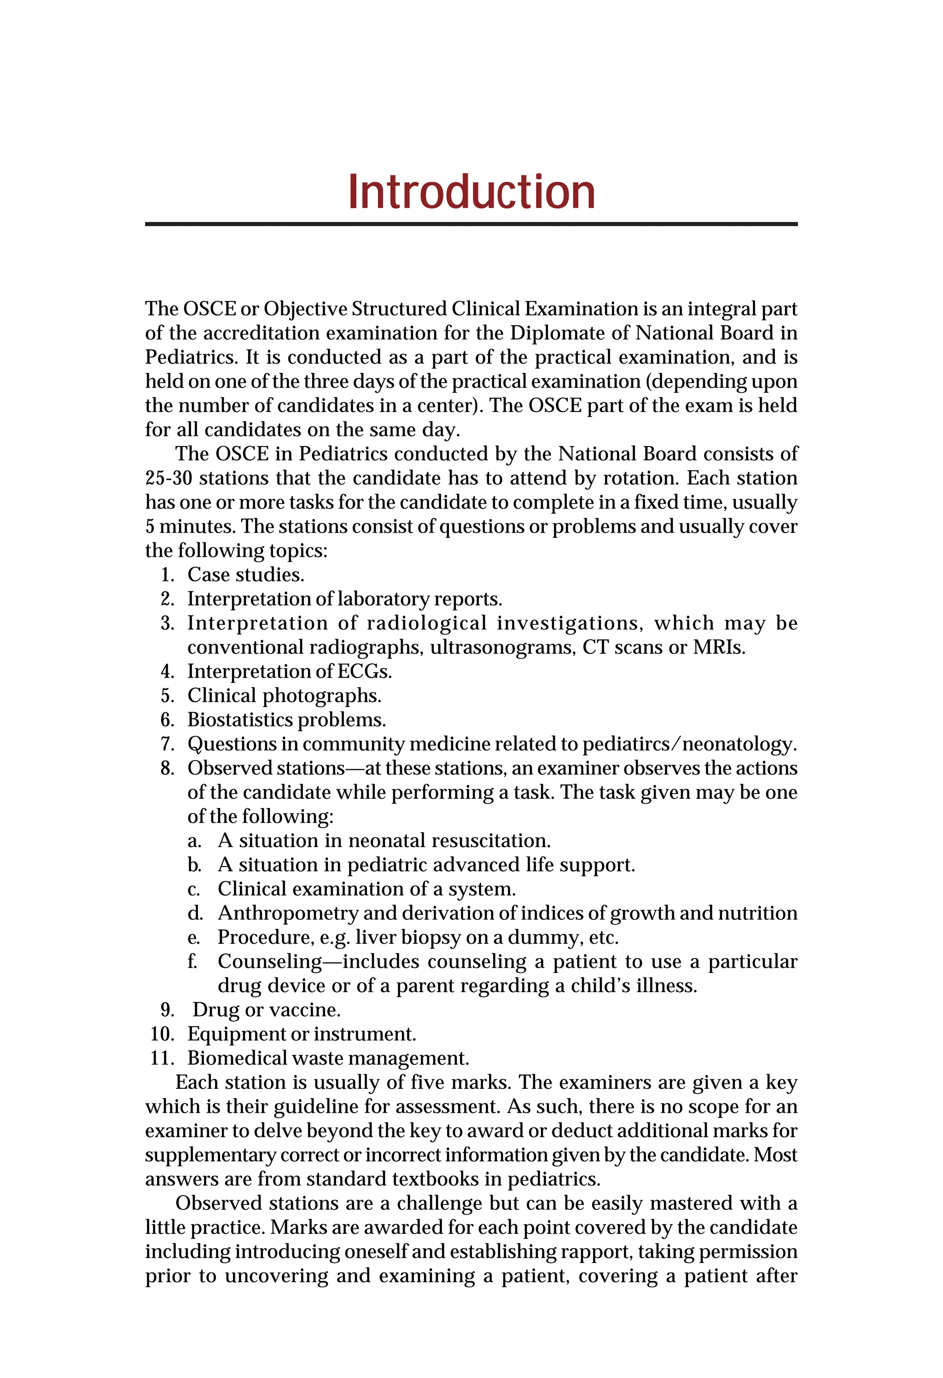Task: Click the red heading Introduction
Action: (471, 192)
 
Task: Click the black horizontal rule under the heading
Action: (471, 224)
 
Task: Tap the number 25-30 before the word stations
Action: (169, 478)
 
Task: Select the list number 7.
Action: (167, 744)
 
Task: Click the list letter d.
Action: (195, 913)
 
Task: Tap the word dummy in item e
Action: (546, 937)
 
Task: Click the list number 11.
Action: (162, 1058)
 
